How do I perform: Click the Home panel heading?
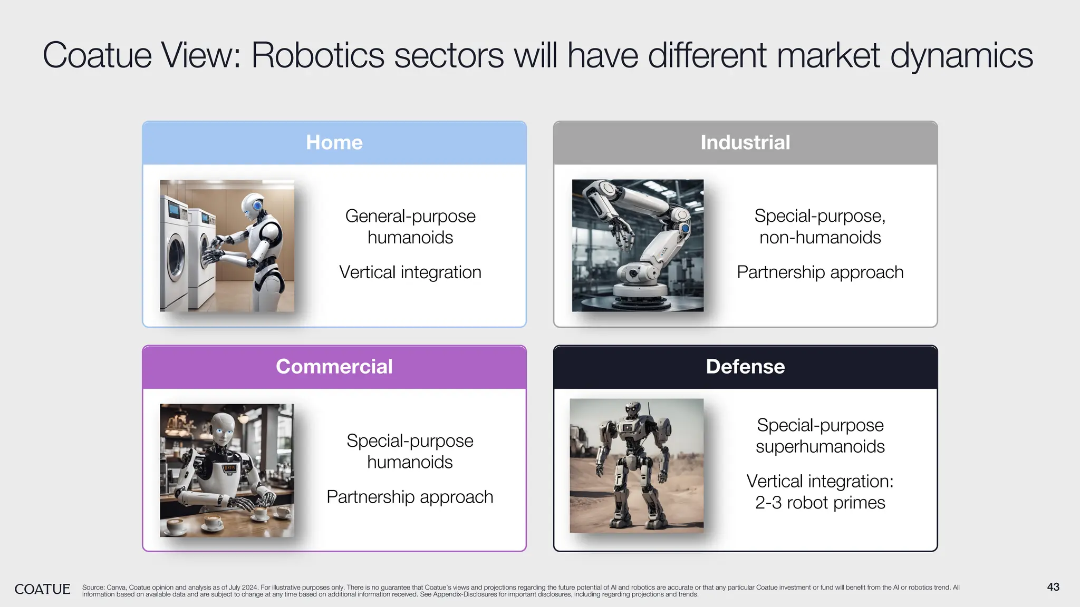tap(334, 143)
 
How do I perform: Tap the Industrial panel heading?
tap(745, 143)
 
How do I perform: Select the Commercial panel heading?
tap(334, 367)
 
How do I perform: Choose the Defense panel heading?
tap(745, 367)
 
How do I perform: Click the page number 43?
tap(1053, 587)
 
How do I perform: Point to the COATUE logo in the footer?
tap(42, 589)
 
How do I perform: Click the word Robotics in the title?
tap(318, 55)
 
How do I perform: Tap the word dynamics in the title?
tap(961, 55)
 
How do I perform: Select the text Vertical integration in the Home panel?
tap(410, 272)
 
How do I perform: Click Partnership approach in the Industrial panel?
tap(820, 272)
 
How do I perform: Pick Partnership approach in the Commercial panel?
tap(410, 497)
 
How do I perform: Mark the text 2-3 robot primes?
tap(820, 503)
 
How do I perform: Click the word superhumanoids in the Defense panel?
tap(820, 447)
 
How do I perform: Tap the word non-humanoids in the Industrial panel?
tap(820, 238)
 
